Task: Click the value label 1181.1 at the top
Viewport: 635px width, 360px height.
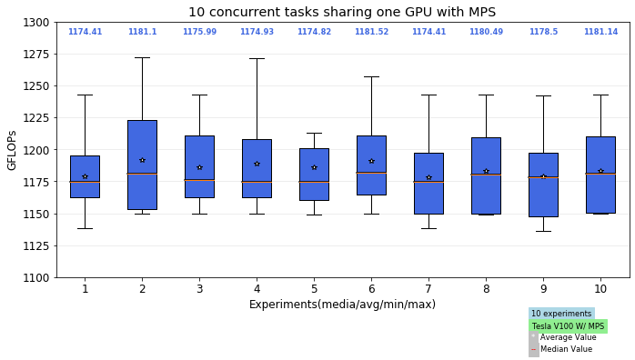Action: click(x=142, y=32)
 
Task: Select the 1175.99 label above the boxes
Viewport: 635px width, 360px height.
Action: click(x=199, y=32)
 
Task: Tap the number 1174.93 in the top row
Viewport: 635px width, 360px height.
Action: click(x=257, y=32)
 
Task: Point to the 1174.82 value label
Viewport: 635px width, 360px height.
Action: click(x=314, y=32)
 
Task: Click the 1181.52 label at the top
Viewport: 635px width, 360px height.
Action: click(x=371, y=32)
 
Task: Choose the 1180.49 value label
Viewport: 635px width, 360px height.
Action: click(x=486, y=32)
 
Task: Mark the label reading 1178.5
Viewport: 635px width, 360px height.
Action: click(x=543, y=32)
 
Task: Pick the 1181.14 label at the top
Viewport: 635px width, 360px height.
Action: click(x=600, y=32)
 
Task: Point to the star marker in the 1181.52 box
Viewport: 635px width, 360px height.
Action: click(x=371, y=161)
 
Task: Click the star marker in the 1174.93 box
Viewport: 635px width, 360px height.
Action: click(x=257, y=164)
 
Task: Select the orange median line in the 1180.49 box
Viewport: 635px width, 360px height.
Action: click(x=486, y=175)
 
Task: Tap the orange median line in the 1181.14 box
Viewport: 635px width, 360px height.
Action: click(x=600, y=174)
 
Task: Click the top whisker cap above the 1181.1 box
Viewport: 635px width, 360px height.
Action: click(x=142, y=58)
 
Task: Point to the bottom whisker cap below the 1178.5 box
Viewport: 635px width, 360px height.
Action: click(x=543, y=231)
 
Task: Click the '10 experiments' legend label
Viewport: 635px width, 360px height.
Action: click(x=561, y=314)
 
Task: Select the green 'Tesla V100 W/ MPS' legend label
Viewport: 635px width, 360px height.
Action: click(x=568, y=326)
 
